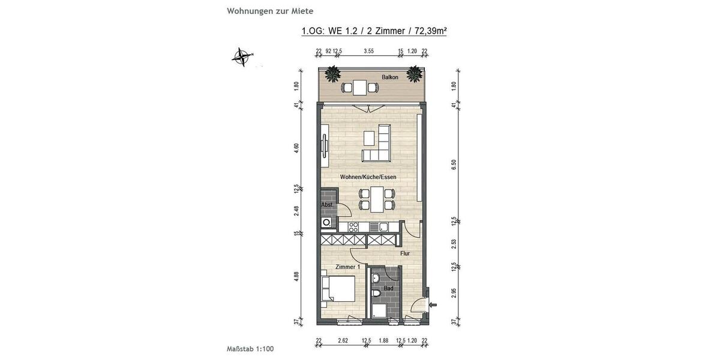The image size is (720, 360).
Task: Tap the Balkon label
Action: [390, 77]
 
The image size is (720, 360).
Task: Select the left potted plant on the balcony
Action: [333, 75]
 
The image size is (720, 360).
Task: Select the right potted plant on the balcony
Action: [414, 74]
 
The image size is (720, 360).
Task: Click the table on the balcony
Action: [360, 88]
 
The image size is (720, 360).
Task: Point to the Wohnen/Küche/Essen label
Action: [368, 177]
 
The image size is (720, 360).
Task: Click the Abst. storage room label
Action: [327, 205]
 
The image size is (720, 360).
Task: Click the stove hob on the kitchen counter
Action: [353, 227]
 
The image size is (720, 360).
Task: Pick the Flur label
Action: [405, 253]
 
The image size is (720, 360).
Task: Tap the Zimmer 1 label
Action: [347, 266]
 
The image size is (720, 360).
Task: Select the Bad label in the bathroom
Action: [389, 288]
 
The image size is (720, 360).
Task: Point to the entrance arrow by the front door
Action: [433, 305]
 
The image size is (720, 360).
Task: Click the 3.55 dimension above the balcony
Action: [368, 51]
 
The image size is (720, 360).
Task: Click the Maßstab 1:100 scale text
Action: [250, 348]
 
